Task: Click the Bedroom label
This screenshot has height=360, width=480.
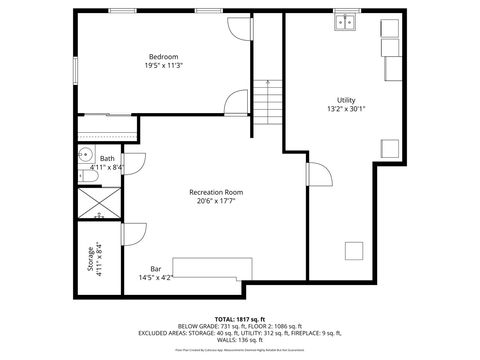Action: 163,56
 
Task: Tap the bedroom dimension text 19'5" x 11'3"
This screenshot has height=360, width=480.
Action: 163,66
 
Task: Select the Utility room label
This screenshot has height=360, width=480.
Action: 346,100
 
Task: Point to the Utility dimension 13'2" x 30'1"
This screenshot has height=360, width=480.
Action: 346,110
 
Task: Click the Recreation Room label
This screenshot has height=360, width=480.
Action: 216,192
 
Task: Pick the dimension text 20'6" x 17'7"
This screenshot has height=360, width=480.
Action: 216,202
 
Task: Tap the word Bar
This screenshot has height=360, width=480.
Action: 156,268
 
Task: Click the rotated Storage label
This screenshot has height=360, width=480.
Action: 90,259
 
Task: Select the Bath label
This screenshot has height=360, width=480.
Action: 107,158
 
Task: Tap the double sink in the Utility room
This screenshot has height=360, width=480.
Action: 348,21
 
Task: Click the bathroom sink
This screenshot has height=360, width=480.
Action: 85,155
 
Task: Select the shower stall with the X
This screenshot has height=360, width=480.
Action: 98,202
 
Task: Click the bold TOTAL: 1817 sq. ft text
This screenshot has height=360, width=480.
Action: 238,317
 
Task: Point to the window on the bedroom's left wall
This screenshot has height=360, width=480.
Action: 76,69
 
